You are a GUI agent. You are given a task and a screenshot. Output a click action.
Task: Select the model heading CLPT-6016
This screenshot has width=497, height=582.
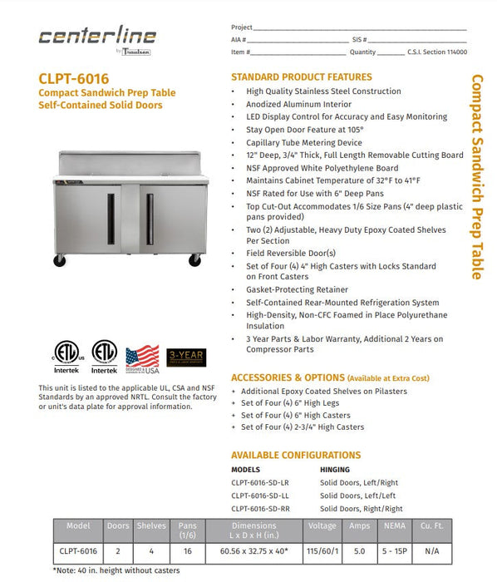pos(73,79)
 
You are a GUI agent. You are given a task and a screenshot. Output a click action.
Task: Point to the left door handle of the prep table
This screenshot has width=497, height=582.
pos(111,219)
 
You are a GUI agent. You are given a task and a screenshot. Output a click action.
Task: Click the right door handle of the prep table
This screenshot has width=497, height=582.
pos(150,219)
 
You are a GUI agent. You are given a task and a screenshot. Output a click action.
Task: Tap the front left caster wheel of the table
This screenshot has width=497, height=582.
pos(60,261)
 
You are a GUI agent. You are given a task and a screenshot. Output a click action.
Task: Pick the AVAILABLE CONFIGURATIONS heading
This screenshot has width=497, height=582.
pos(295,455)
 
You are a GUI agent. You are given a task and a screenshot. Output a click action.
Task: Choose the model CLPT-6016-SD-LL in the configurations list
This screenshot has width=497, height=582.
pos(260,496)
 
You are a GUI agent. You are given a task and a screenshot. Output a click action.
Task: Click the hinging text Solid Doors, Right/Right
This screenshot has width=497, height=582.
pos(361,508)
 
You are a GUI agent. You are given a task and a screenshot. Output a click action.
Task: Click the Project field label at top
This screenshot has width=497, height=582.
pos(242,27)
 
